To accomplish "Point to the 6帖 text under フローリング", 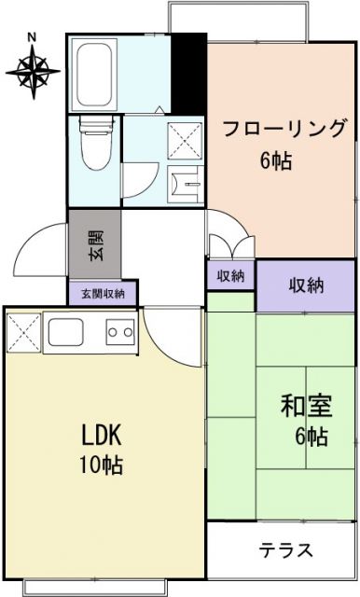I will pyautogui.click(x=276, y=160).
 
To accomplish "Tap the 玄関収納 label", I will pyautogui.click(x=103, y=294).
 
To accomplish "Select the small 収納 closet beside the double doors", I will pyautogui.click(x=230, y=276).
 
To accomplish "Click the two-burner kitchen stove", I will pyautogui.click(x=118, y=332).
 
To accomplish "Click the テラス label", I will pyautogui.click(x=285, y=549).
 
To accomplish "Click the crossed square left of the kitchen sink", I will pyautogui.click(x=21, y=332).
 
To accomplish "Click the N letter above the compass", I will pyautogui.click(x=32, y=37).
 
